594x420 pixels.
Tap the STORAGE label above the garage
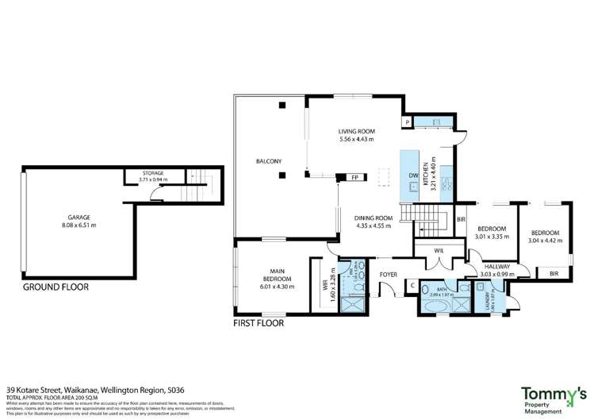tap(153, 172)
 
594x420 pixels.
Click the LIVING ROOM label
tap(356, 132)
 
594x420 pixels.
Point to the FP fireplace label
tap(355, 178)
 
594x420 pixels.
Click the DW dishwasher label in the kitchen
tap(412, 175)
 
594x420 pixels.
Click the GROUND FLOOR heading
tap(56, 287)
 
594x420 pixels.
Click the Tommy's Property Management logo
tap(554, 398)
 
